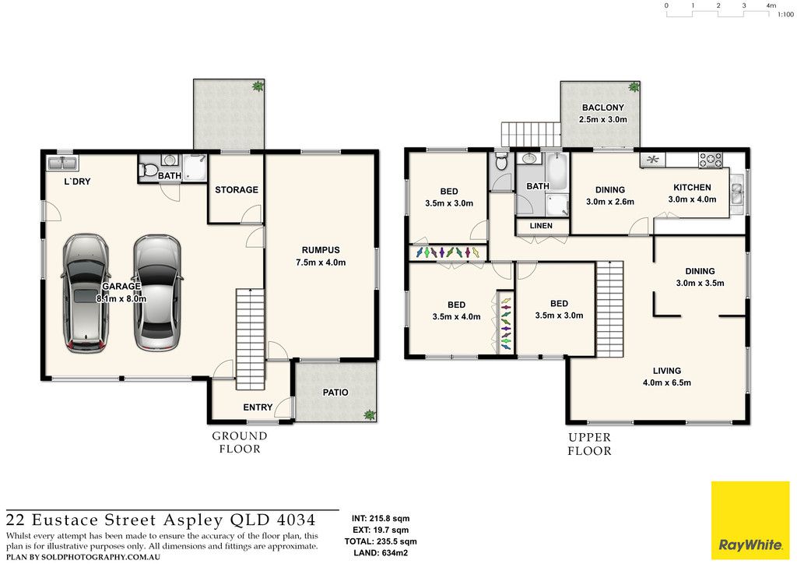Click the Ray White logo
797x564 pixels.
(x=750, y=520)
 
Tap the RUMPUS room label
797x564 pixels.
(x=321, y=250)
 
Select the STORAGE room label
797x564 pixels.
(x=237, y=190)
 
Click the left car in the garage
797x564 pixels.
(x=86, y=294)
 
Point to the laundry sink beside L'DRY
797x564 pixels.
(x=62, y=163)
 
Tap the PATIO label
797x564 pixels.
(x=335, y=392)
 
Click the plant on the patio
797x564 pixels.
(x=370, y=414)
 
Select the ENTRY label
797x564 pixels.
(x=258, y=407)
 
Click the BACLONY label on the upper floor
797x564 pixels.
(x=603, y=108)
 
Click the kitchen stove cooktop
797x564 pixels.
(x=711, y=160)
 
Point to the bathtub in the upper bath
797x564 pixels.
(x=557, y=171)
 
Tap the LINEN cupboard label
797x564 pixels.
(x=541, y=225)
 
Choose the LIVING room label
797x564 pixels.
(x=667, y=371)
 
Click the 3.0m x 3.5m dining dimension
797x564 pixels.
(x=700, y=283)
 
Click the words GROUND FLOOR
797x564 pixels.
(x=240, y=442)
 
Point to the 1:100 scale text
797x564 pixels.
(x=785, y=15)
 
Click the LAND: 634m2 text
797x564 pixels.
(x=380, y=553)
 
